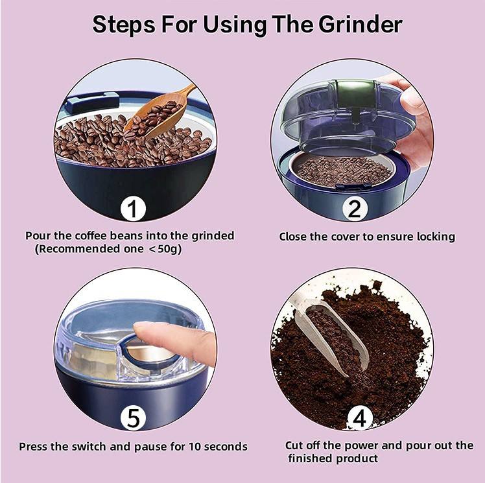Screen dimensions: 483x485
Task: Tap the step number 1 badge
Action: (x=133, y=209)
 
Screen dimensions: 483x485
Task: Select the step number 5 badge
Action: (x=133, y=418)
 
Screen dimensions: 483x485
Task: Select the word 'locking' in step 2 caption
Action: (x=434, y=237)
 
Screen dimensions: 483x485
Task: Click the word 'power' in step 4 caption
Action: (x=373, y=446)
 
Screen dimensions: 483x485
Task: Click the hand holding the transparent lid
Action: (x=412, y=117)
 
